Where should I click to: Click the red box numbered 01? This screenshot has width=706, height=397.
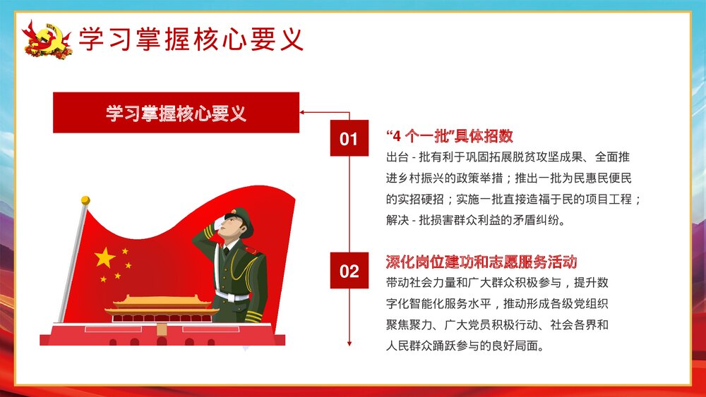[349, 138]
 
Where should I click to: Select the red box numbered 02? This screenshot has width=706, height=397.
[349, 271]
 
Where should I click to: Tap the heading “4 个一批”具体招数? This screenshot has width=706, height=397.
[450, 136]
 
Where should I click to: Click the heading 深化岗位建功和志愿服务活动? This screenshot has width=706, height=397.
[481, 262]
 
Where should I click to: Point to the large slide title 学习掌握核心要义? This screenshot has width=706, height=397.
[191, 39]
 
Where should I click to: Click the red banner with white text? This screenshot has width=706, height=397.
[176, 112]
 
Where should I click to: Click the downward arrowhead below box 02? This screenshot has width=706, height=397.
[349, 343]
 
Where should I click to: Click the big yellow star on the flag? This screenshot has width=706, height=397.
[104, 257]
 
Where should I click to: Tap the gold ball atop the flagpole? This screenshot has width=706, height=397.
[85, 200]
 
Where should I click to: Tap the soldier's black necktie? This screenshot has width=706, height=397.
[226, 251]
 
